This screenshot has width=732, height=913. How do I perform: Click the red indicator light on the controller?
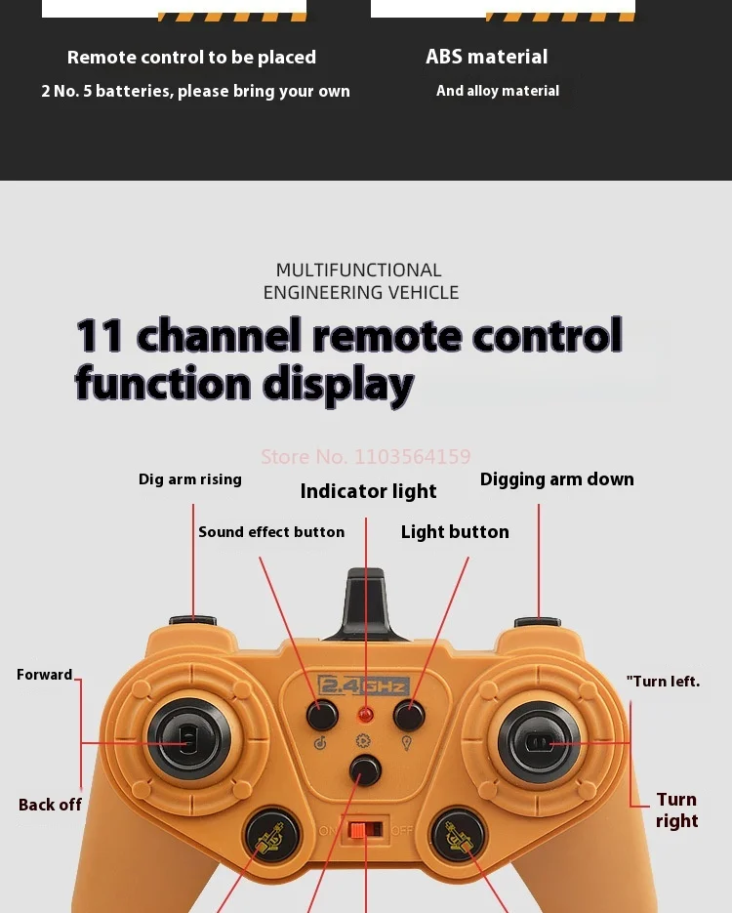click(366, 715)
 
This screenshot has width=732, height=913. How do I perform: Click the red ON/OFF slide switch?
click(364, 829)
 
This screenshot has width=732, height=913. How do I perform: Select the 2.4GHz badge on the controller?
click(364, 685)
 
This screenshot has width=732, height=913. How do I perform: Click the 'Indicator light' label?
click(368, 491)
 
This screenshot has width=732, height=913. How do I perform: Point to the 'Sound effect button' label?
click(271, 532)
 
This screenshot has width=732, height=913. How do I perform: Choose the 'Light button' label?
click(455, 532)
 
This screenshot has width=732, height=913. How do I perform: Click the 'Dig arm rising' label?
click(189, 479)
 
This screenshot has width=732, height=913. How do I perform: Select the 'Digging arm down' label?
click(556, 479)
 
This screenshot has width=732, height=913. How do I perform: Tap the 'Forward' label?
click(44, 675)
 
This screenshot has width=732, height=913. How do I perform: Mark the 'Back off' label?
click(50, 805)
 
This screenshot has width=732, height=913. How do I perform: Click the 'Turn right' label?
click(676, 810)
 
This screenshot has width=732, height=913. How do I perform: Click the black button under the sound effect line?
click(322, 715)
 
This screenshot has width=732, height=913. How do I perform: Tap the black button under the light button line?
click(409, 715)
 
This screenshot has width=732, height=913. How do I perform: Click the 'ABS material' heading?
click(486, 57)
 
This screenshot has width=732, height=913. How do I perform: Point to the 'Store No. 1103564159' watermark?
click(365, 456)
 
